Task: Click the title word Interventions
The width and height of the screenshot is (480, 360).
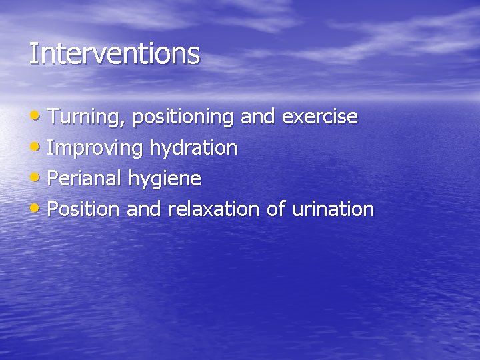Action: pos(114,53)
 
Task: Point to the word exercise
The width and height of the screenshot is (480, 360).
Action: pos(320,117)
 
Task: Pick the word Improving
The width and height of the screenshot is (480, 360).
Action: pos(95,148)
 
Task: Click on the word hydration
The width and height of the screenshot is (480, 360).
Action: pos(193,148)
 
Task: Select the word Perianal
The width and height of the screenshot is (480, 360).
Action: pos(83,179)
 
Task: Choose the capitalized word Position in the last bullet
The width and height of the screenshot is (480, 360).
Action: pos(84,209)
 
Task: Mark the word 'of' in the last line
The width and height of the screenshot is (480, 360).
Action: pos(275,209)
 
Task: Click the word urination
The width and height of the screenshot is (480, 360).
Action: pos(333,209)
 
